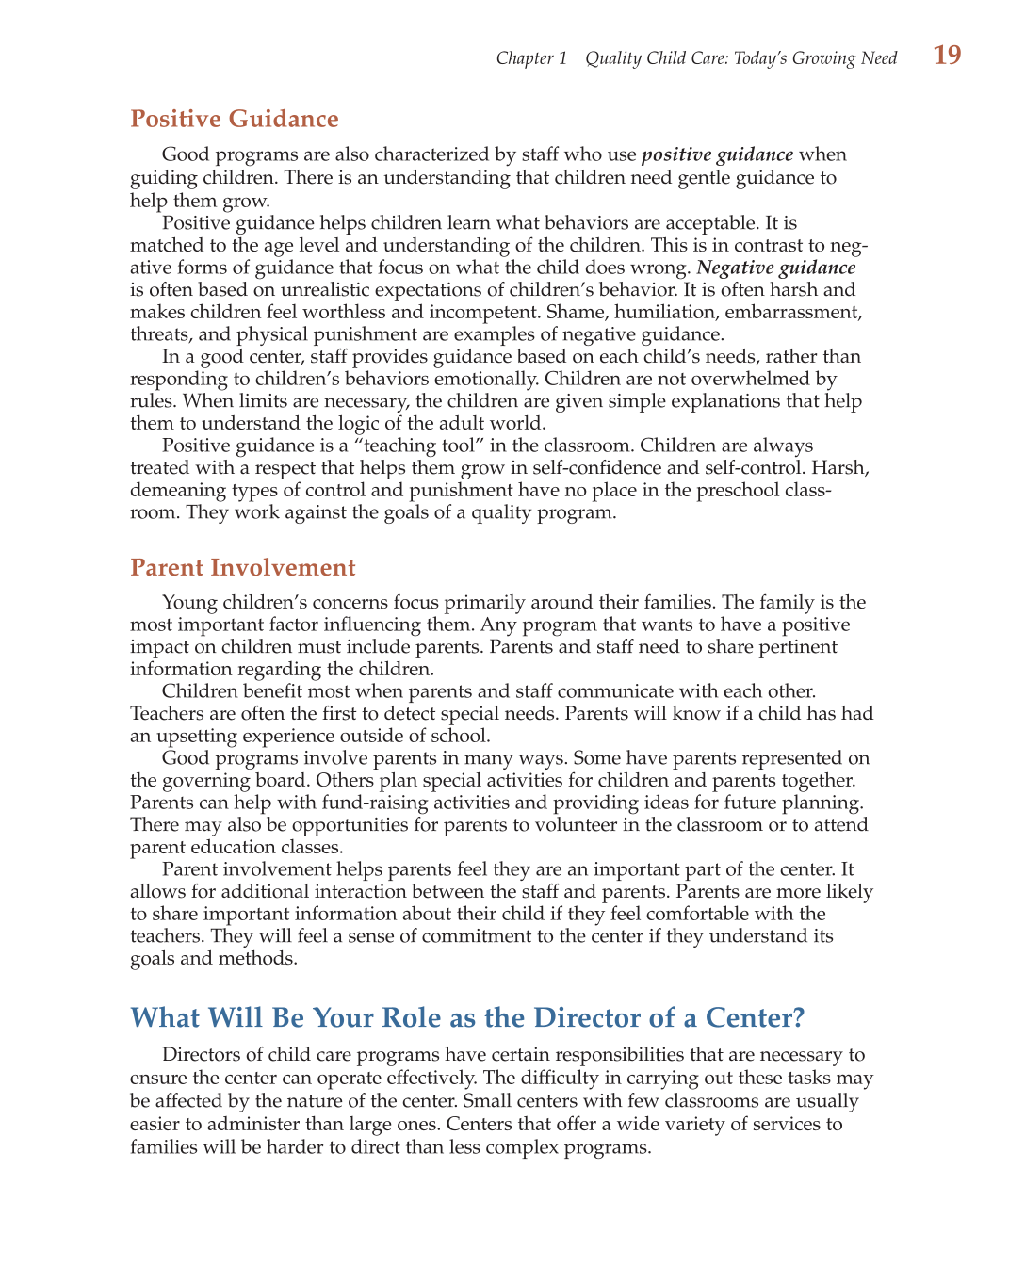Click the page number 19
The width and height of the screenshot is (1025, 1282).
point(947,56)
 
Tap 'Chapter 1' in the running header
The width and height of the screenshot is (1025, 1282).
point(531,58)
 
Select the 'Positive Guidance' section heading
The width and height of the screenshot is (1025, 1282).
point(235,120)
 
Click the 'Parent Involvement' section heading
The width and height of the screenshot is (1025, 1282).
point(243,568)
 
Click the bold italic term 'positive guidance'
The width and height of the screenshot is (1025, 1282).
point(717,154)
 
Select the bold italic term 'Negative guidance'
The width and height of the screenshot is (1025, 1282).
point(775,268)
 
